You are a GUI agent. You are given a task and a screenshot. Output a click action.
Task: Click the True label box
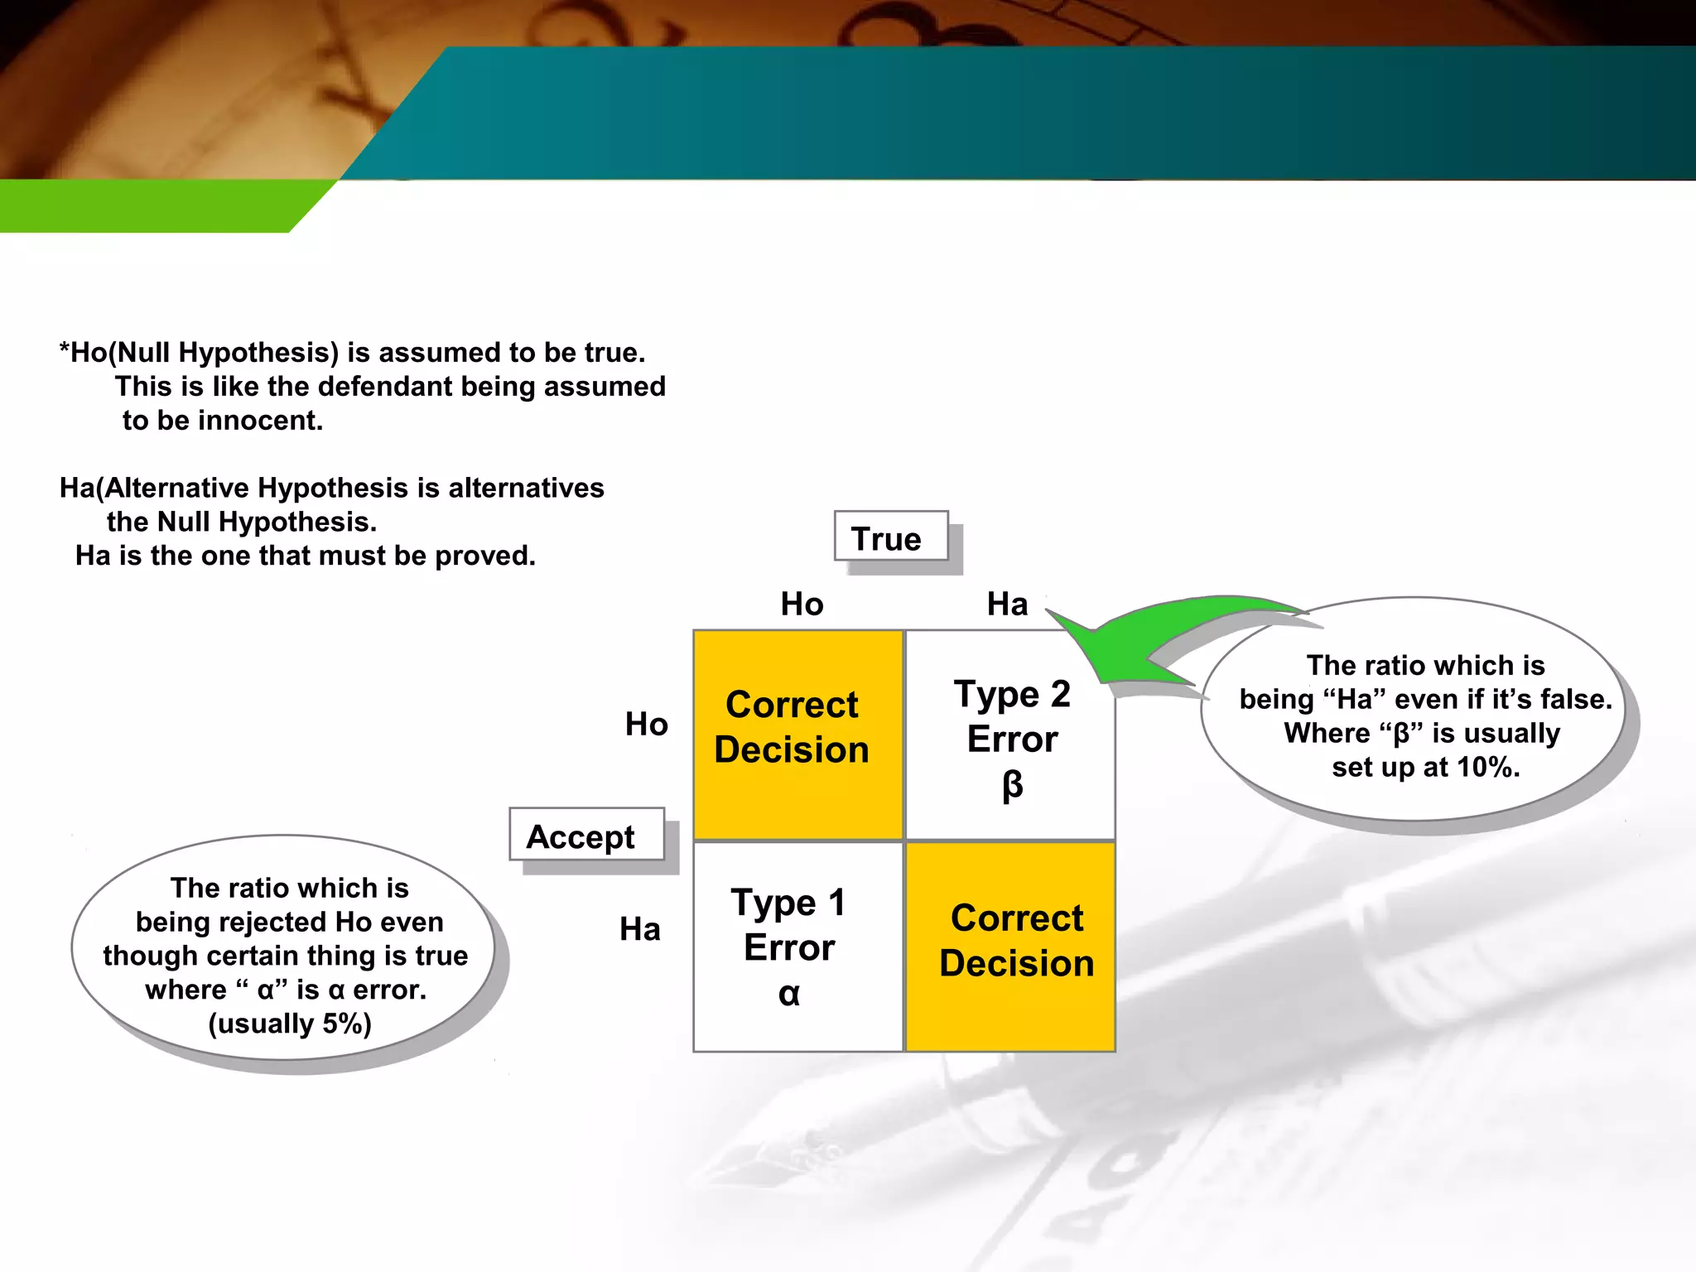(x=890, y=538)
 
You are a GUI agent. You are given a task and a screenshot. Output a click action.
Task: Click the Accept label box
(x=585, y=836)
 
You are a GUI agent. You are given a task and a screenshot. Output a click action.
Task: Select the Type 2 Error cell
(x=1011, y=735)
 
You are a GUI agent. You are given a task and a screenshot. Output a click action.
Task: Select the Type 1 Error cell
(x=797, y=947)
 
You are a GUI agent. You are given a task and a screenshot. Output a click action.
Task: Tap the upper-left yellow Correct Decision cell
(x=797, y=735)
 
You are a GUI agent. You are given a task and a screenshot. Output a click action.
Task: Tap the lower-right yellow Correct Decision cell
(x=1011, y=947)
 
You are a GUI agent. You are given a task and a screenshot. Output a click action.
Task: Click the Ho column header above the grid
(x=802, y=604)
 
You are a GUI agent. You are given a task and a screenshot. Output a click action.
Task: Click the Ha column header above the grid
(x=1007, y=604)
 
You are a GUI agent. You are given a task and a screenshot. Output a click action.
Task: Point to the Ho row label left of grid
(x=646, y=724)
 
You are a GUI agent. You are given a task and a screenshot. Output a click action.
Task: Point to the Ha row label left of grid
(x=640, y=929)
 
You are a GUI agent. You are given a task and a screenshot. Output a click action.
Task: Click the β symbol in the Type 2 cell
(x=1012, y=784)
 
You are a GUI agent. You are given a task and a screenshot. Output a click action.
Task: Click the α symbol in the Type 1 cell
(x=789, y=993)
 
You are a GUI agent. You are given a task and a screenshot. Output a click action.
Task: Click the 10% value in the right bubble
(x=1486, y=768)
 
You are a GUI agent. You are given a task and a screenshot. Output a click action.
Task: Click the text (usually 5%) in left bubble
(x=289, y=1024)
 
